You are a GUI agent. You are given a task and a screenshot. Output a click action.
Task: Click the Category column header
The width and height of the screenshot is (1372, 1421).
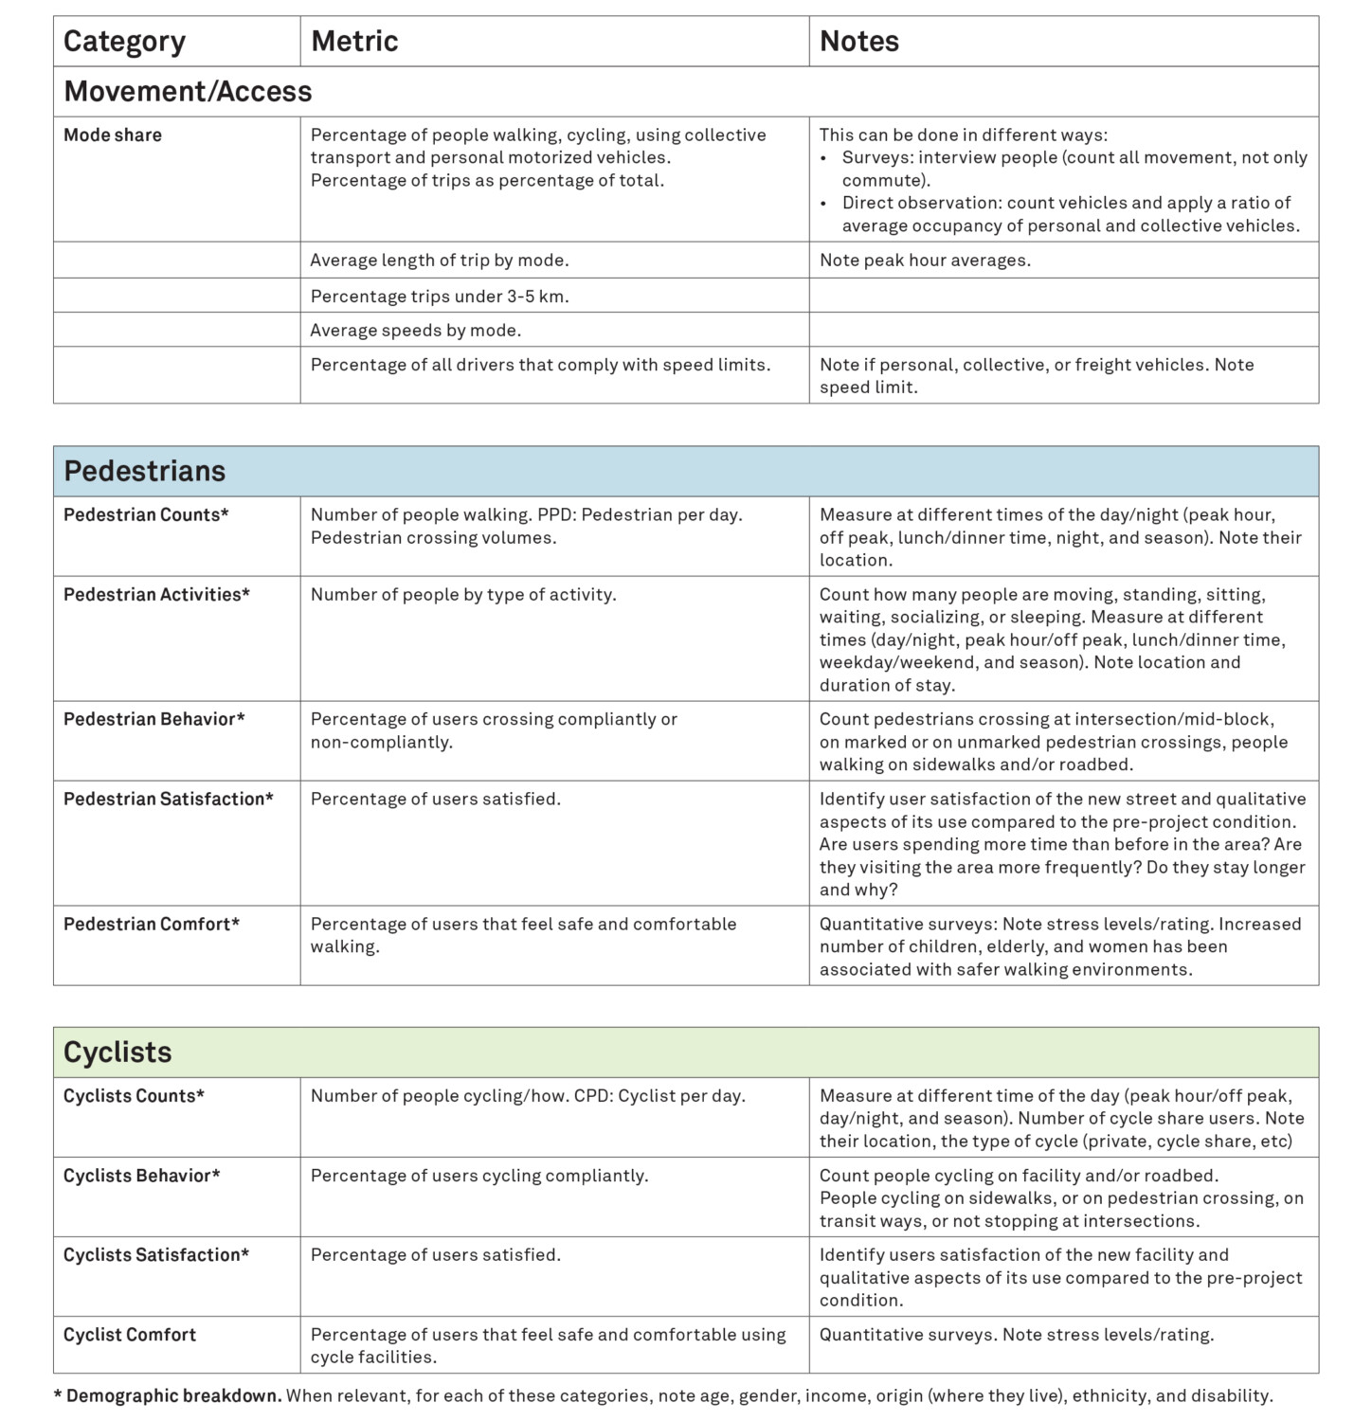[x=124, y=42]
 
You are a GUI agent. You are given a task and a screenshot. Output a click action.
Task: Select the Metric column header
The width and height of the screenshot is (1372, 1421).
[x=354, y=42]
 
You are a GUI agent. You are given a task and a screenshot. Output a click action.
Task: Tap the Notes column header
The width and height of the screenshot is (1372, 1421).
[x=858, y=42]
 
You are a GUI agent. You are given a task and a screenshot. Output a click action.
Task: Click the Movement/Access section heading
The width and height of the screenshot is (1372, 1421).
[x=188, y=92]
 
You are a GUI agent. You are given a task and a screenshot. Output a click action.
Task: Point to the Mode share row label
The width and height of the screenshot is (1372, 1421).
[x=113, y=135]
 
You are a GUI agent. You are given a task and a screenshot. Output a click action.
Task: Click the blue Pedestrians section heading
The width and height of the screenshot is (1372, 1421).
[x=145, y=472]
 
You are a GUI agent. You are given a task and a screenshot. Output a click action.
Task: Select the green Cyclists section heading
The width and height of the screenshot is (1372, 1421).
[x=117, y=1052]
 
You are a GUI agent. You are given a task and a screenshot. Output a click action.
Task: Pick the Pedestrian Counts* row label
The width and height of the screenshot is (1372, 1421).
[x=146, y=515]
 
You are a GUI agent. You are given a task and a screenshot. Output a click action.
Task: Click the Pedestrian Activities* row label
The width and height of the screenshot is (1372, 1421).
[x=156, y=595]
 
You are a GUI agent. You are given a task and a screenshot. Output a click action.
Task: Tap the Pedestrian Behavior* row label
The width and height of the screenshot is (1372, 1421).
[x=153, y=720]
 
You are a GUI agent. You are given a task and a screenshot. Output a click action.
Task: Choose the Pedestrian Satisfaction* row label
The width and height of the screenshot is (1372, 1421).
[x=168, y=800]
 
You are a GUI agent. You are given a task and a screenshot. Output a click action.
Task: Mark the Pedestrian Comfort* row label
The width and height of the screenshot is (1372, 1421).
[x=152, y=925]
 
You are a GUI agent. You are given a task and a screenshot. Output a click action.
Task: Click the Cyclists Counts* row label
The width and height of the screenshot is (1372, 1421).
[x=134, y=1096]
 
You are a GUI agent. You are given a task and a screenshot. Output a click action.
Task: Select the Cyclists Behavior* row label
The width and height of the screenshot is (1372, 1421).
[x=141, y=1176]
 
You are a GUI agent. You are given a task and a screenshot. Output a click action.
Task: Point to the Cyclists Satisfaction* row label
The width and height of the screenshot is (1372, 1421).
[x=156, y=1255]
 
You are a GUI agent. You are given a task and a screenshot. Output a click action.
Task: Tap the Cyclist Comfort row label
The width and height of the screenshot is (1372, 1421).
[x=130, y=1335]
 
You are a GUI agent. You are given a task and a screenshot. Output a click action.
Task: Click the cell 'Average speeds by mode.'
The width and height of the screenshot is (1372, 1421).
[x=416, y=331]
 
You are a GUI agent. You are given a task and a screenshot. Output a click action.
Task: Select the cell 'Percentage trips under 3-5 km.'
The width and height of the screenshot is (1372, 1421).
[x=440, y=297]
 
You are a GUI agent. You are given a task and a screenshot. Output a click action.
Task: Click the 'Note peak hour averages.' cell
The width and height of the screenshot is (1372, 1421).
[x=925, y=261]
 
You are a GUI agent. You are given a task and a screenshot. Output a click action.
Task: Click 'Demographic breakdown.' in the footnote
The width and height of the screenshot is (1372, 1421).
[x=173, y=1396]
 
